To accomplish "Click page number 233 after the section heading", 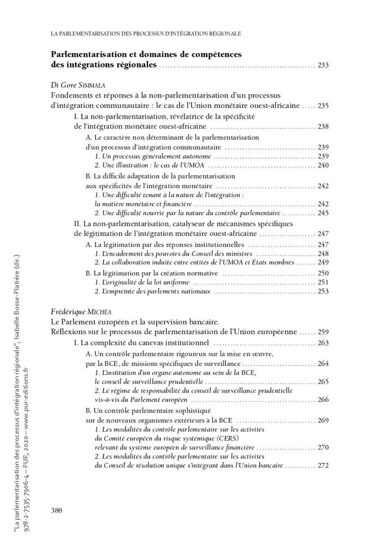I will (x=323, y=65).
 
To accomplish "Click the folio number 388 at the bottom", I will (x=57, y=510).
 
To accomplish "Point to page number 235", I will (x=323, y=106).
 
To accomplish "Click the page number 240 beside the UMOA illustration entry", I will (x=323, y=165).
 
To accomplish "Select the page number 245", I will (x=323, y=213).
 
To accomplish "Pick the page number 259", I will (x=323, y=331).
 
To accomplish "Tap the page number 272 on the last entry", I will (x=323, y=466).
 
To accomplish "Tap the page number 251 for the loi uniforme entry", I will (x=323, y=282).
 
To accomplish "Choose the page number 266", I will (x=323, y=400).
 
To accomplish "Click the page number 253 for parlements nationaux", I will (x=323, y=292).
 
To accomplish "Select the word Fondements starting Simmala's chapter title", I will (x=71, y=96).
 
